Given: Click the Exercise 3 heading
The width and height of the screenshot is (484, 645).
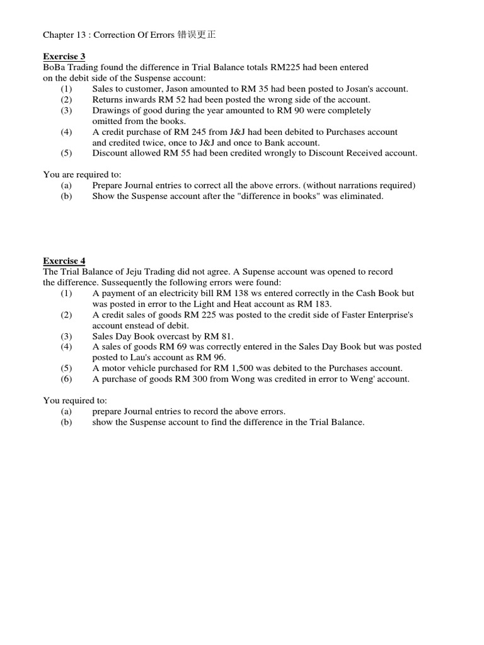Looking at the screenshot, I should pos(64,56).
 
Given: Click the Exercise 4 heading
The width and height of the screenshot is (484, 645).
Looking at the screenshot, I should pos(64,261).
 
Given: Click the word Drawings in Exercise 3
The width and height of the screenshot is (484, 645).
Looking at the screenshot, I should pos(110,110).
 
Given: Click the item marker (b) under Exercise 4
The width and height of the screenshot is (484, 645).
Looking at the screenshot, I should pos(67,422).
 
